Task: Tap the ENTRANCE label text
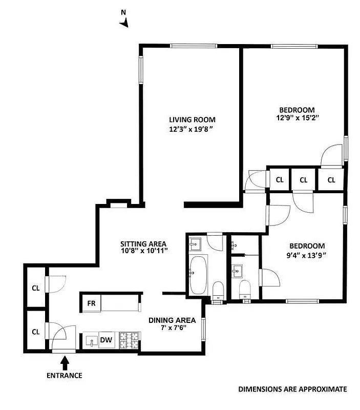click(x=65, y=375)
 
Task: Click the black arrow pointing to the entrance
click(x=65, y=363)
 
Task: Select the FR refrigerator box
click(x=91, y=303)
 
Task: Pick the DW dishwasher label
click(x=106, y=339)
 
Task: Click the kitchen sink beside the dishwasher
click(x=92, y=340)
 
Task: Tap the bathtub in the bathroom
click(x=198, y=275)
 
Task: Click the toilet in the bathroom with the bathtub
click(x=218, y=290)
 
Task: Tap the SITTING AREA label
click(x=144, y=243)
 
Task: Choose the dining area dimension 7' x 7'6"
click(x=172, y=329)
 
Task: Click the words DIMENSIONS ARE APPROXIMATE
click(x=292, y=389)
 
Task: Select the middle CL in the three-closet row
click(x=303, y=180)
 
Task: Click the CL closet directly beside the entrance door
click(x=35, y=332)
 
